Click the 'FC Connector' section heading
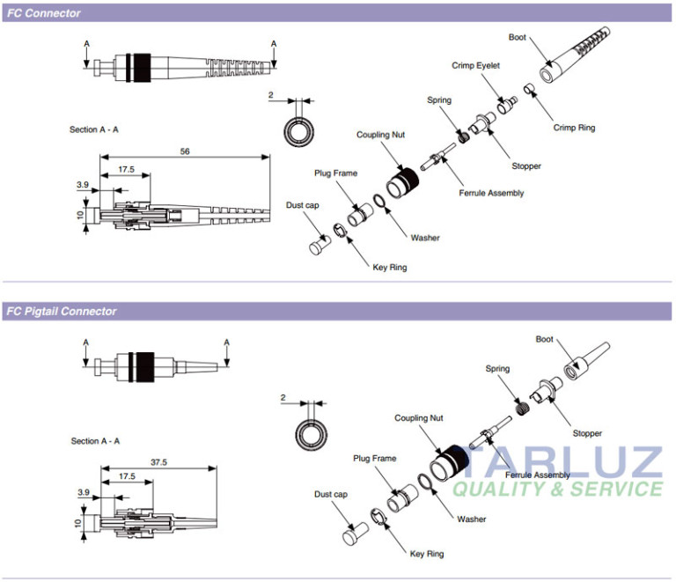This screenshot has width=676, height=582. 43,13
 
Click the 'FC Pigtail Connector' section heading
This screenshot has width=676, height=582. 61,311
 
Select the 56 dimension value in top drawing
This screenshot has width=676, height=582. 185,151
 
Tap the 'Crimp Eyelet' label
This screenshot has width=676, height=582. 476,65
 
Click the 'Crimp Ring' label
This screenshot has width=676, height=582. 574,128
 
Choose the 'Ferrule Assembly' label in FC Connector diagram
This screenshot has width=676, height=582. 491,193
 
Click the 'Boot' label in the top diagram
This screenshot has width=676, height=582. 518,37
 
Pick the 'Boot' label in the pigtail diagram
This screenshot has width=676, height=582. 545,339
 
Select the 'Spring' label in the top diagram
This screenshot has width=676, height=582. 439,100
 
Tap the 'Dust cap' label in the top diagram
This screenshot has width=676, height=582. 302,205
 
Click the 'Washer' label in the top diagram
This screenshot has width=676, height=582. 425,238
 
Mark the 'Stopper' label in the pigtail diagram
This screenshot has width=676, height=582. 587,433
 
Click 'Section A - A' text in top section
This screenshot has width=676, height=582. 94,129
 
